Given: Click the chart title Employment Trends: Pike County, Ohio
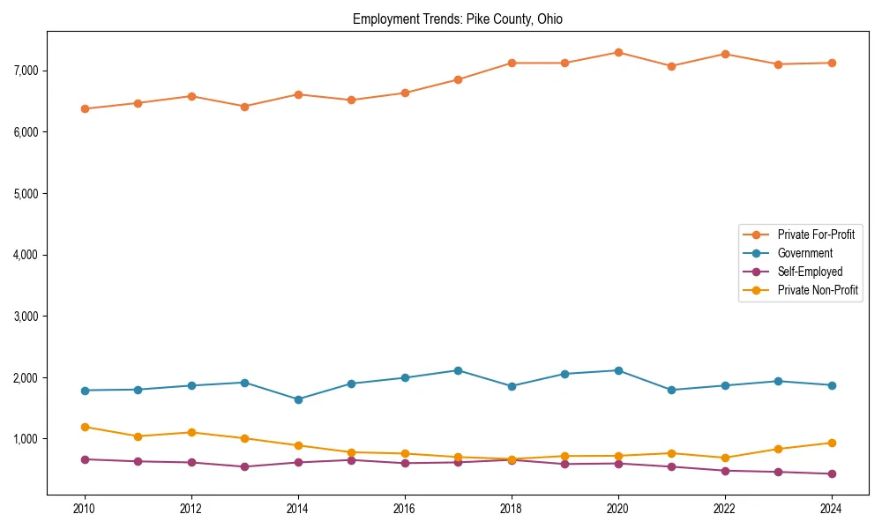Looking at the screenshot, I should [457, 19].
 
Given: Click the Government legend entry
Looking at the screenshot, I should [804, 253].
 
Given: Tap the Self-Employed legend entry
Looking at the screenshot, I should [810, 272].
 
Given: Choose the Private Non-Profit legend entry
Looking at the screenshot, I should [818, 290].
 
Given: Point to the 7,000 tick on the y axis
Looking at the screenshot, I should [29, 71].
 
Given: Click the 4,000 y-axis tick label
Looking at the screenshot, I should [29, 255].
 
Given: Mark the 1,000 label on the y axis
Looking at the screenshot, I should [29, 439].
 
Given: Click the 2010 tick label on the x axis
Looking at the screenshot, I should [85, 509].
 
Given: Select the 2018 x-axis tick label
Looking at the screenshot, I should [511, 509].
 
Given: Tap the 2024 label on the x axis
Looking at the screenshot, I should [830, 509].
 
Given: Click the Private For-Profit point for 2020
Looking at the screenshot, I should [617, 52].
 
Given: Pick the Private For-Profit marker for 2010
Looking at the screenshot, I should [85, 108].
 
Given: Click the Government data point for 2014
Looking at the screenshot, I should [298, 399].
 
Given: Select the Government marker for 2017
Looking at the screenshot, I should [458, 370].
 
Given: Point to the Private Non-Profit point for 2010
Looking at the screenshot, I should [85, 427].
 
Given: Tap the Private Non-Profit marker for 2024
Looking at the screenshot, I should [830, 443].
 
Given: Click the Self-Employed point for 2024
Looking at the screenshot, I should [830, 473].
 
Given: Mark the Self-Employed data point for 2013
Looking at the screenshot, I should [244, 466].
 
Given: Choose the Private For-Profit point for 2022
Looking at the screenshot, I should [724, 54].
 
